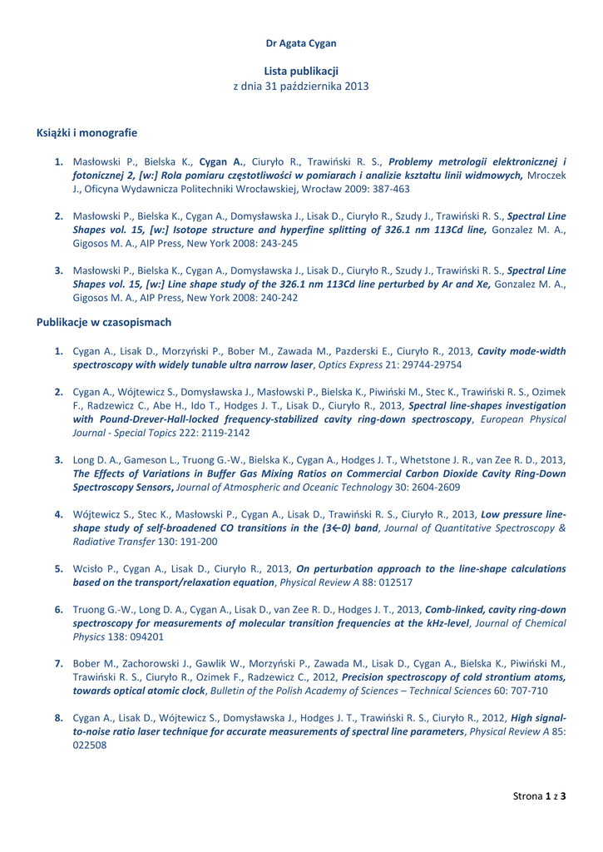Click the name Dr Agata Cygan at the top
(301, 42)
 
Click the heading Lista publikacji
(301, 72)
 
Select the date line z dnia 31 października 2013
(301, 87)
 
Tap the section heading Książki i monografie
(87, 132)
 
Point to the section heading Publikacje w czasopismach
(104, 321)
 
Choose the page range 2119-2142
(220, 433)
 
